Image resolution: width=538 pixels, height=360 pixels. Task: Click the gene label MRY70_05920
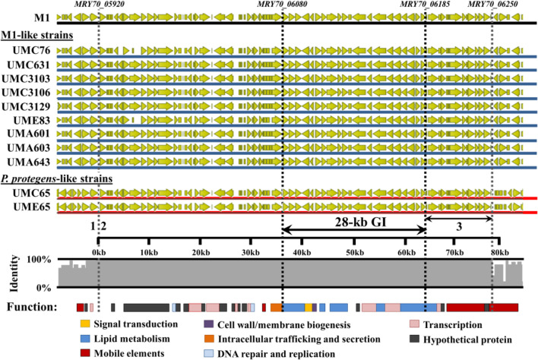[x=100, y=5]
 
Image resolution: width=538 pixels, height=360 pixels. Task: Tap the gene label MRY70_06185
[x=425, y=5]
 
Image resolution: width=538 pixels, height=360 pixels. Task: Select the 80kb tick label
[x=502, y=251]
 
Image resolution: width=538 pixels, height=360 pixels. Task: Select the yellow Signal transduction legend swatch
[x=85, y=325]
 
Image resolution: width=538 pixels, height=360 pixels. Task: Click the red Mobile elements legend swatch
[x=85, y=352]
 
